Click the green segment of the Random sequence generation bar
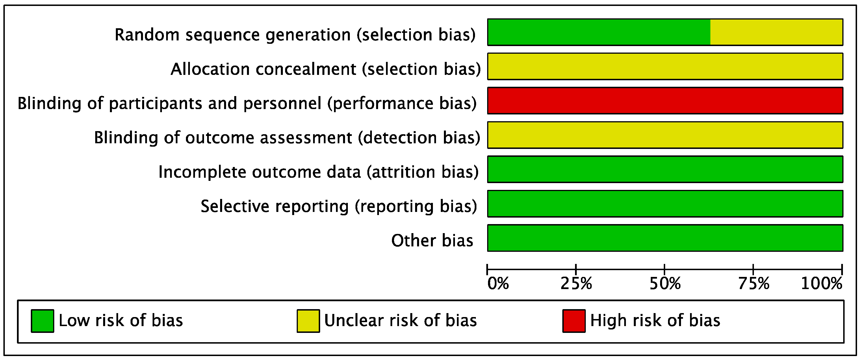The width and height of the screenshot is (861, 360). [598, 32]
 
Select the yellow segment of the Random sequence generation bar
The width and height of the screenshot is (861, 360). [776, 32]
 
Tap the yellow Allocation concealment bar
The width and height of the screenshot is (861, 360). [665, 66]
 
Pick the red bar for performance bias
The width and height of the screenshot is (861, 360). [665, 101]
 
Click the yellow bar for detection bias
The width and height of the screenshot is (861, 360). [665, 135]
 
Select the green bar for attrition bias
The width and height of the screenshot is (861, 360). [665, 169]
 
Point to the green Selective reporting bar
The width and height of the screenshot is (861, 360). [665, 203]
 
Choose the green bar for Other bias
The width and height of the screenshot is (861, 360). [665, 238]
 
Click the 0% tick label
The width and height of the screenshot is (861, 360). [498, 283]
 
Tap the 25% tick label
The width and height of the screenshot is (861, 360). [576, 283]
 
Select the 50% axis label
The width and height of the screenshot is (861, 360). [664, 283]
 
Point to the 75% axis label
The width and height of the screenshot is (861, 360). [753, 283]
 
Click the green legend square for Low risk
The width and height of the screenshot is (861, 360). [42, 321]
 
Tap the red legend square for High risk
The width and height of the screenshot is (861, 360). [574, 321]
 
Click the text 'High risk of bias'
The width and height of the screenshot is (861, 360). [655, 320]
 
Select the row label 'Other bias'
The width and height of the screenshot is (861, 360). [432, 240]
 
